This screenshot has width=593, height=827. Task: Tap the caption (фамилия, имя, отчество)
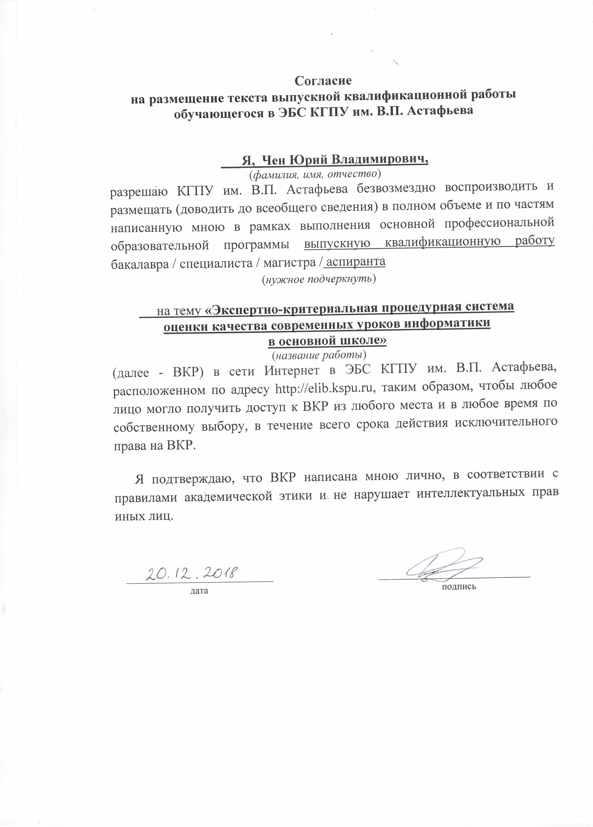point(315,175)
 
